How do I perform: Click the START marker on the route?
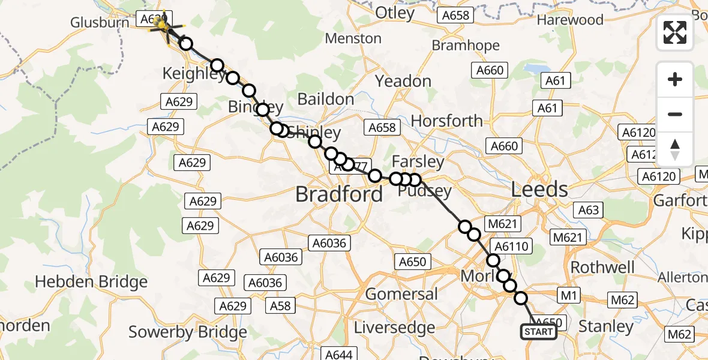(539, 332)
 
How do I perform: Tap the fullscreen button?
(675, 32)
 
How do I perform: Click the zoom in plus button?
(675, 79)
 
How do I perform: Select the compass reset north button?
(675, 149)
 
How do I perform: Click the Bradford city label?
(339, 194)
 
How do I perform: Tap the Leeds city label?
(539, 190)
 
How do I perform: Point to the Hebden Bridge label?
(91, 281)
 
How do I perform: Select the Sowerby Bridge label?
(188, 332)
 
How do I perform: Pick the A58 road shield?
(280, 305)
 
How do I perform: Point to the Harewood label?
(570, 20)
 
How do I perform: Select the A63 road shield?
(589, 210)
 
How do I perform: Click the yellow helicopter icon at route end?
(161, 24)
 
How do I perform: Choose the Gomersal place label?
(401, 294)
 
